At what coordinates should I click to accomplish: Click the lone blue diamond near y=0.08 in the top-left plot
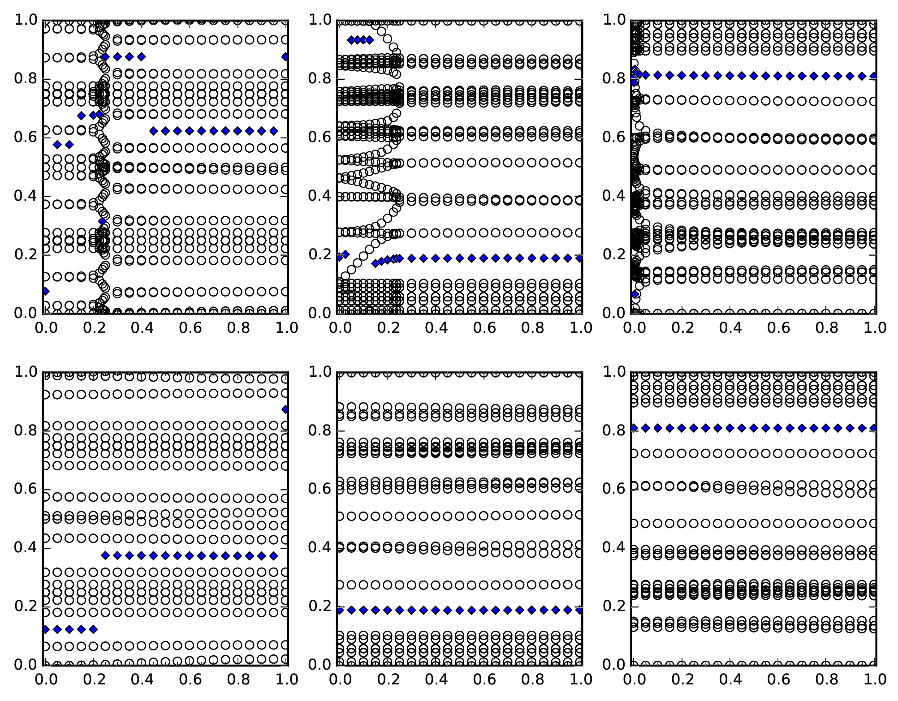pos(45,291)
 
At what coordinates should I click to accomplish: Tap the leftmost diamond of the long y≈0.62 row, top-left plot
pos(153,131)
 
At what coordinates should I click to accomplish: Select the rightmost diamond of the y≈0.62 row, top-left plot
pos(274,131)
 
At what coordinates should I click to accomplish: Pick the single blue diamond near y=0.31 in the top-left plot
pos(103,221)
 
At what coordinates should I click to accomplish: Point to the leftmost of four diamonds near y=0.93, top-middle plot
pos(351,40)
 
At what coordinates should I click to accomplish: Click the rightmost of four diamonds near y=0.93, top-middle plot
pos(370,40)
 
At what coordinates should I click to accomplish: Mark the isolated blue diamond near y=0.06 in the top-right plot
pos(635,294)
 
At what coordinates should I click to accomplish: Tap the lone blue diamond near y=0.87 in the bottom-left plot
pos(285,409)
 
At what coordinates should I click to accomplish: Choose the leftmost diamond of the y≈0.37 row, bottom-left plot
pos(105,555)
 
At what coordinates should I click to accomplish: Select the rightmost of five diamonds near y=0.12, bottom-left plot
pos(93,629)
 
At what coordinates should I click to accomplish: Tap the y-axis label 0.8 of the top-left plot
pos(25,78)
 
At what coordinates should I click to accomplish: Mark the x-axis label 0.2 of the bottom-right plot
pos(682,679)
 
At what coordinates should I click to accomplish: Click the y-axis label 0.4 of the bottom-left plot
pos(25,547)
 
